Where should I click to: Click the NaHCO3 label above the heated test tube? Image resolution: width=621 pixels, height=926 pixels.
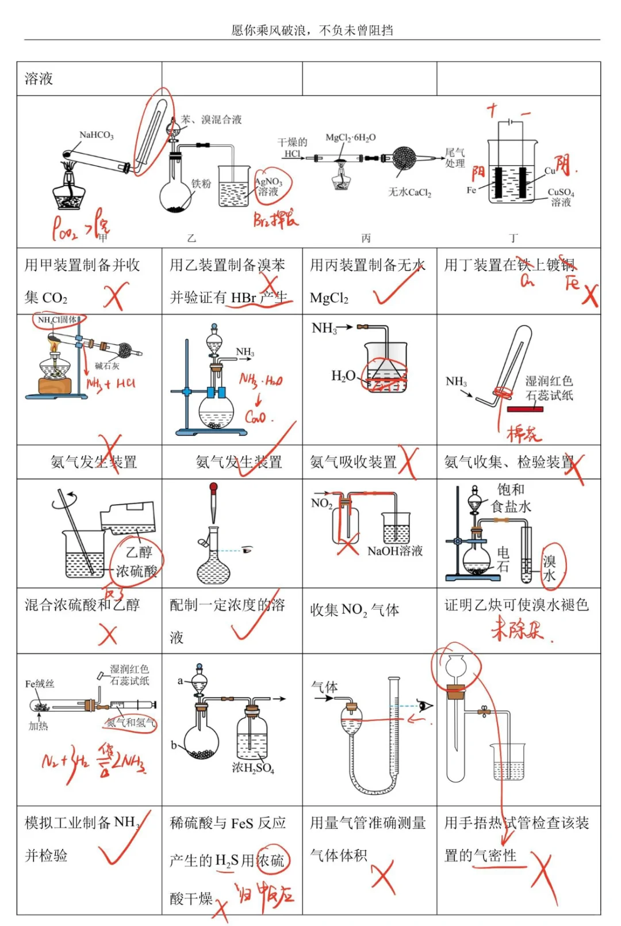tap(96, 135)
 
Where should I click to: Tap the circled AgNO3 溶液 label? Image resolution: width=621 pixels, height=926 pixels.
tap(269, 186)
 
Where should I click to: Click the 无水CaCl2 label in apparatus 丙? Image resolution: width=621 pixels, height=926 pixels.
tap(409, 192)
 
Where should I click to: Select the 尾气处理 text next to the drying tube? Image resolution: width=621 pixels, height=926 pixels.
tap(455, 158)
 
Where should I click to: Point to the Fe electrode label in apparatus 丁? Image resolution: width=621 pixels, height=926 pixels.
tap(471, 190)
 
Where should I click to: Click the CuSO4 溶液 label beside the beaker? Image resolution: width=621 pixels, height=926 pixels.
tap(561, 197)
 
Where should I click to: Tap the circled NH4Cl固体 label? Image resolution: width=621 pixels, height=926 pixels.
tap(57, 319)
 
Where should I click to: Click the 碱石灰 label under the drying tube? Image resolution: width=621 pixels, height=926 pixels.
tap(107, 366)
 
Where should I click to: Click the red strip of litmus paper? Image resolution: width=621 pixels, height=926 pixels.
tap(525, 409)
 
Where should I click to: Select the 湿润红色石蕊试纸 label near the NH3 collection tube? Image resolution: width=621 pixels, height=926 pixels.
tap(549, 388)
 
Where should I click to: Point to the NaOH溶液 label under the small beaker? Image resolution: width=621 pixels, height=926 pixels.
tap(395, 551)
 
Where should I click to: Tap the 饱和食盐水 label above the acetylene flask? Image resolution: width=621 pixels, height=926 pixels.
tap(511, 498)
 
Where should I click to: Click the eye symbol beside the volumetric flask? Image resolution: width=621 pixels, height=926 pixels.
tap(247, 550)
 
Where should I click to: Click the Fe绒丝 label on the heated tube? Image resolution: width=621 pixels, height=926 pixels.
tap(40, 684)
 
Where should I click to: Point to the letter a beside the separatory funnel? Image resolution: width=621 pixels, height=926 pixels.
tap(180, 681)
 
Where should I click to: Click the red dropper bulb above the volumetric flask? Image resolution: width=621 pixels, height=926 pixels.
tap(213, 490)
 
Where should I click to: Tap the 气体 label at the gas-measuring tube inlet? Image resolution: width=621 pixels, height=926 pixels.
tap(324, 687)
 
